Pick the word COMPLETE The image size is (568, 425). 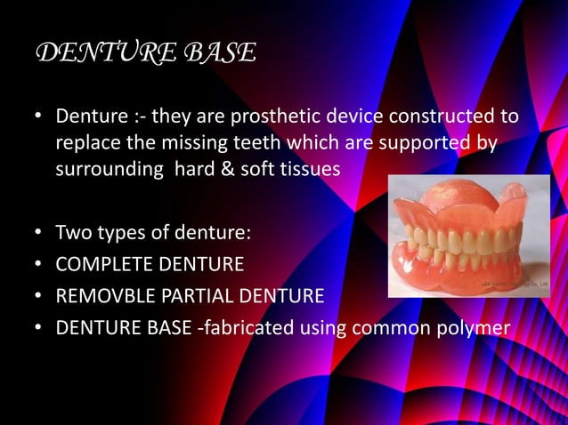99,265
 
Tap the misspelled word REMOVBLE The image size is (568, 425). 101,296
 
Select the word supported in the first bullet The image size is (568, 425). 426,144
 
